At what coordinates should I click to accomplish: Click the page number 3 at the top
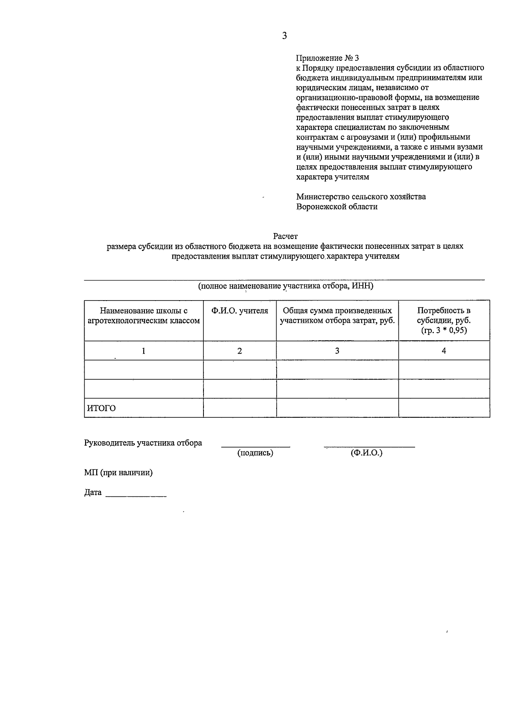pyautogui.click(x=284, y=36)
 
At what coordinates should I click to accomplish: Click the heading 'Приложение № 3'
pyautogui.click(x=328, y=58)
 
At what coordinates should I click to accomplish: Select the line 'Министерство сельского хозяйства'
pyautogui.click(x=361, y=197)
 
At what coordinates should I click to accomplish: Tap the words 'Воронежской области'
pyautogui.click(x=337, y=207)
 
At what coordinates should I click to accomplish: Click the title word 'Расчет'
pyautogui.click(x=285, y=236)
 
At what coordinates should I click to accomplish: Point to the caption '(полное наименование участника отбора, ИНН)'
pyautogui.click(x=285, y=286)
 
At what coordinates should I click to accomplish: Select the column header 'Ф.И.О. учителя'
pyautogui.click(x=240, y=311)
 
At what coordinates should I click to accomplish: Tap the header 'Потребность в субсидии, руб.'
pyautogui.click(x=444, y=316)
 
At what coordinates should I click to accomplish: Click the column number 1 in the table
pyautogui.click(x=144, y=351)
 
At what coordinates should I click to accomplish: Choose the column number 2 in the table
pyautogui.click(x=240, y=351)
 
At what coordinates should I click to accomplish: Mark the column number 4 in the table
pyautogui.click(x=444, y=351)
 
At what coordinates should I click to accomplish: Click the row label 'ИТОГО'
pyautogui.click(x=101, y=408)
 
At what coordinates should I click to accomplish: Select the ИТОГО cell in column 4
pyautogui.click(x=444, y=408)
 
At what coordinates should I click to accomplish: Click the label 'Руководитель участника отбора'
pyautogui.click(x=143, y=443)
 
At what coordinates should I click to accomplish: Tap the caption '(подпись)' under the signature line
pyautogui.click(x=255, y=453)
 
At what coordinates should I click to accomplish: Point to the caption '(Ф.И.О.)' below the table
pyautogui.click(x=366, y=453)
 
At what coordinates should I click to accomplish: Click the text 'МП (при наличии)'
pyautogui.click(x=118, y=473)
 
